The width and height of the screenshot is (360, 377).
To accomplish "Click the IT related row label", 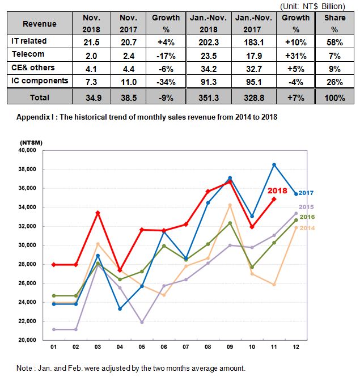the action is tap(29, 41).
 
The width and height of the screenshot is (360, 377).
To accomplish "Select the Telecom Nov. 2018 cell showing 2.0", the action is tap(91, 56).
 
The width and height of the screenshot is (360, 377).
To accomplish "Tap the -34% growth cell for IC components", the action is tap(166, 82).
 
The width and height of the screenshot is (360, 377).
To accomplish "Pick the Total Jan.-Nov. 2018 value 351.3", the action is tap(209, 98).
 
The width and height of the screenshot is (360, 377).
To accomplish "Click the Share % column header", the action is tap(334, 24).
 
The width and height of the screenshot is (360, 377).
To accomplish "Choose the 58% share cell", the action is tap(334, 43).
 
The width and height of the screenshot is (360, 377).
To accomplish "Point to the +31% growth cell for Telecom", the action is tap(296, 56).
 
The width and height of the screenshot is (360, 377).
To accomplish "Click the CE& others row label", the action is tap(33, 67).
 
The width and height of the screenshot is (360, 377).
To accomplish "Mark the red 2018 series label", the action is tap(277, 190).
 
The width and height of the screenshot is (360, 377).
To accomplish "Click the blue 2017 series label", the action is tap(306, 193).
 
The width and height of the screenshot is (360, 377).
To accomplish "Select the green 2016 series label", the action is tap(307, 217).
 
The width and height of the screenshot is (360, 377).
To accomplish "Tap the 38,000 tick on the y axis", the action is tap(27, 170).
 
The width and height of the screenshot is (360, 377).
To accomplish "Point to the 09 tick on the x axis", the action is tap(230, 347).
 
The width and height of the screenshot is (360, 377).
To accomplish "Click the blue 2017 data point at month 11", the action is tap(274, 165).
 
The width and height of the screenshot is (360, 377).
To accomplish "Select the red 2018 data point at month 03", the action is tap(98, 213).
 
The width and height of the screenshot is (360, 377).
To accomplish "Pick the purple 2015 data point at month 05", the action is tap(142, 322).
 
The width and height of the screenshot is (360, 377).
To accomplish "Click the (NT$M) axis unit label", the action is tap(31, 143).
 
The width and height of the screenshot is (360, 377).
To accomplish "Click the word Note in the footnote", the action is tap(24, 368).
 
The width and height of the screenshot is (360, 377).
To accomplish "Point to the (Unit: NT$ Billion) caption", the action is tap(312, 6).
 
